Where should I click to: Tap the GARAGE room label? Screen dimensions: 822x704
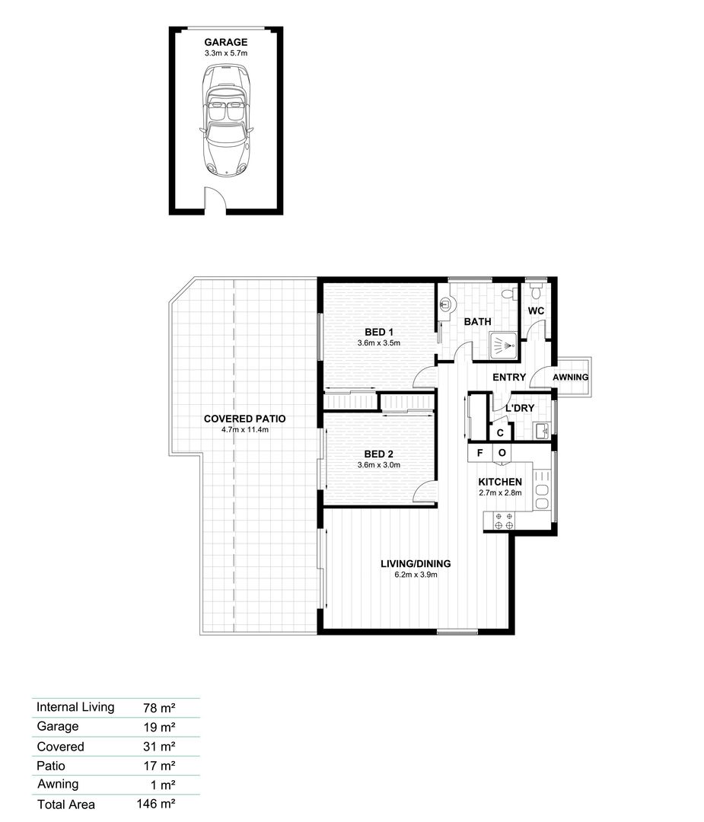point(226,43)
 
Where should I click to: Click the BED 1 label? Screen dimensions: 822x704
point(379,332)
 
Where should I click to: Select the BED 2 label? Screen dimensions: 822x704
point(379,454)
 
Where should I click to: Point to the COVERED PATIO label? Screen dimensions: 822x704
point(240,419)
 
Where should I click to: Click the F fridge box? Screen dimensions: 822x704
point(479,453)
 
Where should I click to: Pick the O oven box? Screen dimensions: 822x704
point(502,453)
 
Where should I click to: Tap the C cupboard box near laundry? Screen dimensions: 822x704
point(500,432)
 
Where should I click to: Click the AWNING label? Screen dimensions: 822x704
point(570,378)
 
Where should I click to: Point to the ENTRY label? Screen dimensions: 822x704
point(509,378)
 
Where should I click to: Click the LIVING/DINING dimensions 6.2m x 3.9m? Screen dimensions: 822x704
point(416,575)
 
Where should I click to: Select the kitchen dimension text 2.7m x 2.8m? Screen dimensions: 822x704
point(499,493)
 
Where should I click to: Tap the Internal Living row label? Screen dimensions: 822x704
point(75,707)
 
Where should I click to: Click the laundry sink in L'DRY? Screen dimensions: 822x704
point(543,432)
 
